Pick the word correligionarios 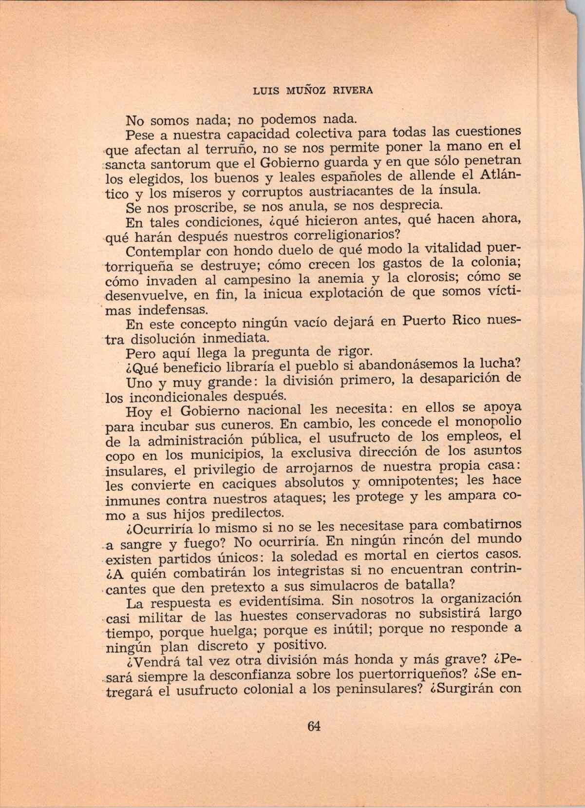[341, 236]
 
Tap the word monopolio [488, 421]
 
